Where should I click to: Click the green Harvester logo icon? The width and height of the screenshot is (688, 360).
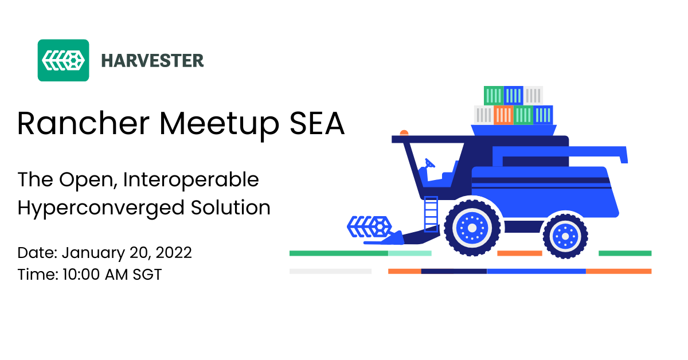point(63,60)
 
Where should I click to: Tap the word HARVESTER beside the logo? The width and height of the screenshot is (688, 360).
point(153,61)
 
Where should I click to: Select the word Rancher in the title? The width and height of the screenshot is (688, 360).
point(83,123)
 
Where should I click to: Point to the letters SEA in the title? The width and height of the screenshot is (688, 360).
point(317,123)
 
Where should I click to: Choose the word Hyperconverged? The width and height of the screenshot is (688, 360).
point(100,209)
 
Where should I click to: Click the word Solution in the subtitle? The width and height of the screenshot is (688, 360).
point(230,208)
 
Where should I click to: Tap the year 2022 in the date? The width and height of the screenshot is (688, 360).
point(174,253)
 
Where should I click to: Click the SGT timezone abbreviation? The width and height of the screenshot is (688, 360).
point(147,275)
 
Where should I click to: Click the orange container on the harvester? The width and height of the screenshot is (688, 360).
point(503,115)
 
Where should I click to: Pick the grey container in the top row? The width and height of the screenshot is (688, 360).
point(533,96)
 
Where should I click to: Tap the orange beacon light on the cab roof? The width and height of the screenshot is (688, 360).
point(404,132)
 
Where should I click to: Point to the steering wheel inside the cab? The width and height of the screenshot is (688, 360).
point(429,163)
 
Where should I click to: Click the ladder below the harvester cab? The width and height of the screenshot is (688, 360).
point(431,214)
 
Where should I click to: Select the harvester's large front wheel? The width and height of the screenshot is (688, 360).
point(472,228)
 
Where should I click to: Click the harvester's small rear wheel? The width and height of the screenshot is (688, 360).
point(565,236)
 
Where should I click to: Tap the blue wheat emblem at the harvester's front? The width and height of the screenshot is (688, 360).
point(369,226)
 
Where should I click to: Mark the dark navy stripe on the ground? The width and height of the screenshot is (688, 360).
point(454,271)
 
